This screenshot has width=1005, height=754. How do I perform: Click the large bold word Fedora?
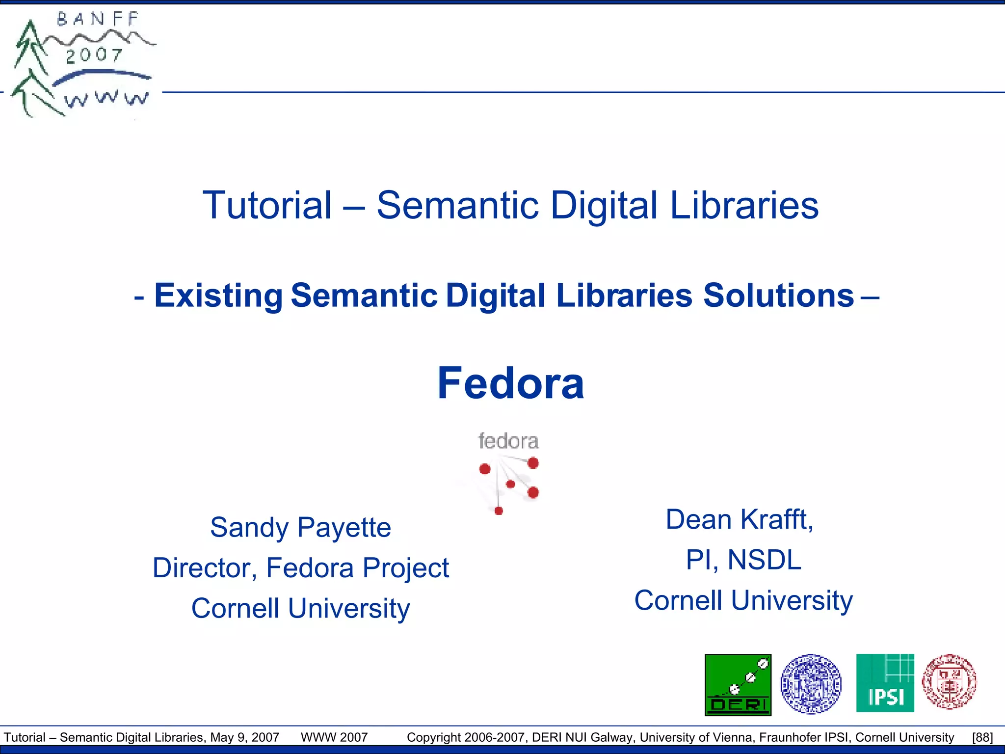[510, 383]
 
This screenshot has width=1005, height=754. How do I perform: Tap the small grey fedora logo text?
[508, 441]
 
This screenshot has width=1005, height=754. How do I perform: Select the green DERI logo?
[738, 685]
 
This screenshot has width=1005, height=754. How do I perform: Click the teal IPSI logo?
[885, 683]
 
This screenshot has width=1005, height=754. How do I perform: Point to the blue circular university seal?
[811, 684]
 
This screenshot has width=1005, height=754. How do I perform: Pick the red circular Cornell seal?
[949, 682]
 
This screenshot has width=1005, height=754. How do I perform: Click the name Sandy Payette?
[300, 528]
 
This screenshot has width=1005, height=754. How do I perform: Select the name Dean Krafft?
[740, 519]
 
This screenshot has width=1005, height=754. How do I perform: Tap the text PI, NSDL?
[743, 560]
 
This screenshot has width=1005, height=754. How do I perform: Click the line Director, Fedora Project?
[300, 568]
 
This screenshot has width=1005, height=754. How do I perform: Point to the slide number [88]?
[982, 737]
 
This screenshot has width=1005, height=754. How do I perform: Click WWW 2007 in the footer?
[334, 737]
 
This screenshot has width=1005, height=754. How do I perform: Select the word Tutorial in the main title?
[267, 205]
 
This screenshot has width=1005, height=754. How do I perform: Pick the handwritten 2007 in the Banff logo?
[94, 55]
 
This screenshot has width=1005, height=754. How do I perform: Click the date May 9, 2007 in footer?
[244, 737]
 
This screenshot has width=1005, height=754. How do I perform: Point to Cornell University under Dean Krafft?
[743, 600]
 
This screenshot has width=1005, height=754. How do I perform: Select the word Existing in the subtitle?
[218, 296]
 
